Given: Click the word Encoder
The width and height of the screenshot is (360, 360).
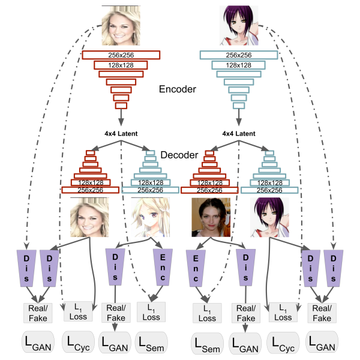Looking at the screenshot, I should pos(178,89).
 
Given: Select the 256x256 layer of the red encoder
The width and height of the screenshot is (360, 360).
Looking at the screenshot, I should pos(121,55).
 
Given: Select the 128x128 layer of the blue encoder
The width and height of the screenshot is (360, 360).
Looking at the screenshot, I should pos(239,64).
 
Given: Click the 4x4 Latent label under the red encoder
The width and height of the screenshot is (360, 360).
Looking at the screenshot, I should pos(121,133).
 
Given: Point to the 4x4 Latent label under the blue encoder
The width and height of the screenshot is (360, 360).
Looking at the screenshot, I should pos(239,133).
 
